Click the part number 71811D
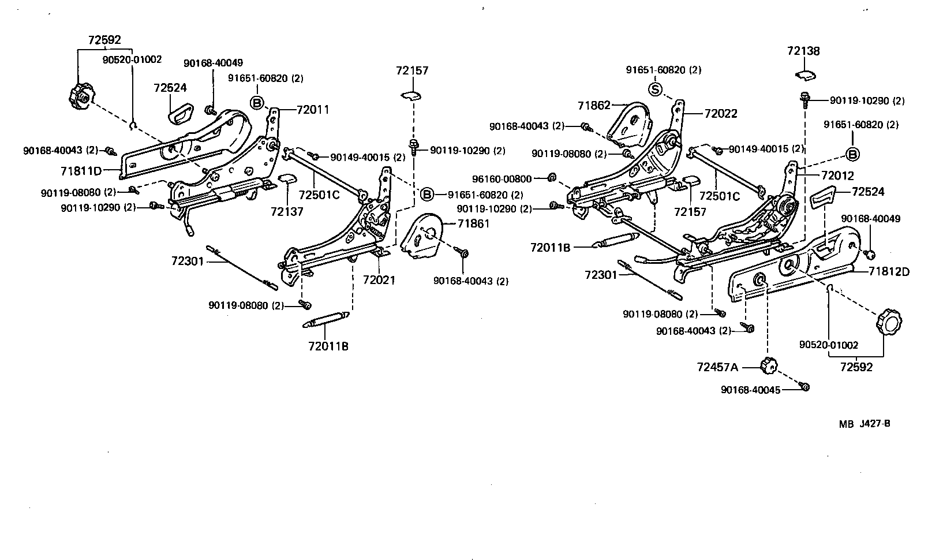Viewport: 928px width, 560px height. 80,171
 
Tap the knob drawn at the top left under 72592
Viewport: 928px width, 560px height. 80,96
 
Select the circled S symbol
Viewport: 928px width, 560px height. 655,89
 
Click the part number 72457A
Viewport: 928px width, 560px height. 717,367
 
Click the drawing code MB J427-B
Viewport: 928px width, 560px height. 865,424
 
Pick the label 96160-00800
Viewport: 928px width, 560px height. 502,179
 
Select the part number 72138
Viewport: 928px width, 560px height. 803,51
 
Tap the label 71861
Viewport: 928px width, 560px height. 473,223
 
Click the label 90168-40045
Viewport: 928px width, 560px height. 750,390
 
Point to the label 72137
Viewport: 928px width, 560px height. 287,212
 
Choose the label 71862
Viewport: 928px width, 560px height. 594,105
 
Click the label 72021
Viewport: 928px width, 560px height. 379,280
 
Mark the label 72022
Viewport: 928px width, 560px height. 721,114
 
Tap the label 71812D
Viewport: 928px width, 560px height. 889,271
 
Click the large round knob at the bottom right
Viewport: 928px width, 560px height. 888,322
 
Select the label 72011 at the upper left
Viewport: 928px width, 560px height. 313,109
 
